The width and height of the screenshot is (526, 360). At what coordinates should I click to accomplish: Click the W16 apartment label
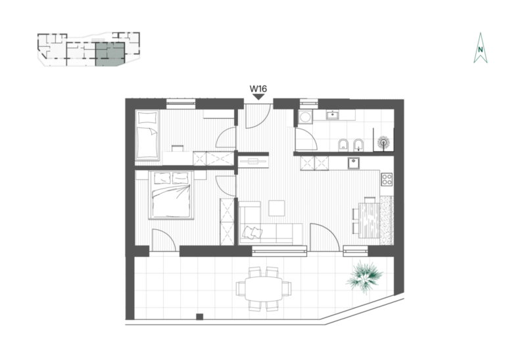[258, 89]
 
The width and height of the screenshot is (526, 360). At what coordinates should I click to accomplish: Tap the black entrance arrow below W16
[258, 97]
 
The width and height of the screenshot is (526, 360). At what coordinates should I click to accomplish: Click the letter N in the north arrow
[481, 50]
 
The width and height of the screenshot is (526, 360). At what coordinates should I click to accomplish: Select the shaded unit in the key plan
[110, 54]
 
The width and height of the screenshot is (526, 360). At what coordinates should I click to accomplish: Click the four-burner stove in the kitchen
[387, 179]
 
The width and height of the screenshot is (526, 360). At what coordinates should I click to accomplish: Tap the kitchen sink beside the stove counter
[354, 164]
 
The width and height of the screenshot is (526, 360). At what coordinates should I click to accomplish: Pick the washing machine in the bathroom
[305, 118]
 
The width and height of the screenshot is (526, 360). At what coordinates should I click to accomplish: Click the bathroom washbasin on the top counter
[333, 115]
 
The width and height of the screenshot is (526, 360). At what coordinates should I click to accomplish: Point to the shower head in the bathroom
[383, 143]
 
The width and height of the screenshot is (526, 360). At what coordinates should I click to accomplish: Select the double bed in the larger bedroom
[171, 195]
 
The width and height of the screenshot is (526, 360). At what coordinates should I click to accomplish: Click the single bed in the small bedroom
[147, 135]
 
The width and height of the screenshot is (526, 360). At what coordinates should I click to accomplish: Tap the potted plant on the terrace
[364, 277]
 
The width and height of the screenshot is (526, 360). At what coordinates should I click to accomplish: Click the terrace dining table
[264, 288]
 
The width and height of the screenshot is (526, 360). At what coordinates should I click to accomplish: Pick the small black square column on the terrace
[200, 317]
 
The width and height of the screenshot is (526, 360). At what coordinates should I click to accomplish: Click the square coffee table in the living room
[276, 208]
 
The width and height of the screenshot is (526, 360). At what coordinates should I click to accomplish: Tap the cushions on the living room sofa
[252, 233]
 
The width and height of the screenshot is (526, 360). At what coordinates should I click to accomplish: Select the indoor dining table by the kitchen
[369, 220]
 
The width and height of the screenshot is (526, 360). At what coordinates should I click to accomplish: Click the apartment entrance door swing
[258, 116]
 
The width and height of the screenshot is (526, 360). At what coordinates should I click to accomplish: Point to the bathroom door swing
[306, 139]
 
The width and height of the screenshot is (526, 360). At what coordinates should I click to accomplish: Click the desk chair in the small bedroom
[178, 148]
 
